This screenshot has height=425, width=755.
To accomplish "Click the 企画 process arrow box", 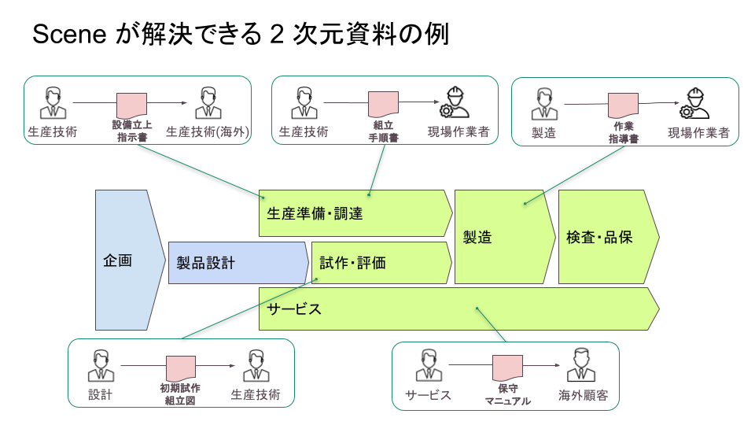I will pos(123,260).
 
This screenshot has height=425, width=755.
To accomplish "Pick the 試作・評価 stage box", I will pos(381,263).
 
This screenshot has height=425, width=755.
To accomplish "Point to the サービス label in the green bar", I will pos(294,309).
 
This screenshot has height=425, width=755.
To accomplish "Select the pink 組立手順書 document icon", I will pos(384,105).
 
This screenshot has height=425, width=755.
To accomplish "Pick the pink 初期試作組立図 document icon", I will pos(180,368).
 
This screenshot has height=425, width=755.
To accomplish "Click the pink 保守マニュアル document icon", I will pos(507,368).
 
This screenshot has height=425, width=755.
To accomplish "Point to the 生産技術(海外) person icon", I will pos(208,102).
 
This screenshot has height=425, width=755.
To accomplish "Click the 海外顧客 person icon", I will pos(583,365).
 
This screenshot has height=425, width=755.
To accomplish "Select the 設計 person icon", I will pos(101,365).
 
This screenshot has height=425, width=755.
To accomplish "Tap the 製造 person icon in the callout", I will pos(543,103).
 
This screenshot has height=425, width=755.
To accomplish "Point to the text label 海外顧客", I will pos(584,395).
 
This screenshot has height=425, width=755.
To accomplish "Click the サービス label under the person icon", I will pos(429,395).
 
